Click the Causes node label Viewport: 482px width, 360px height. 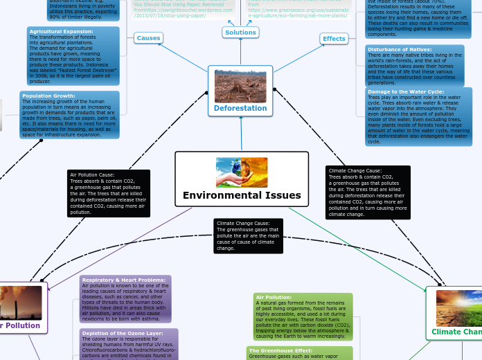click(148, 38)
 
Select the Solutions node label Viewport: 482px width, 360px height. click(240, 33)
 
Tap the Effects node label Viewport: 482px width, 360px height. click(334, 39)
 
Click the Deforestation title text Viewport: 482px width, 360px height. click(240, 108)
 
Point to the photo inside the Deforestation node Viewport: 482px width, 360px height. click(240, 86)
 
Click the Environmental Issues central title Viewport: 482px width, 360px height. click(242, 195)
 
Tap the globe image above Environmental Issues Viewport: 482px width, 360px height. click(242, 172)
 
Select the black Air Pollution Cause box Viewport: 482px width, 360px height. click(108, 193)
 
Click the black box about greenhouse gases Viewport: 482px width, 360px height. click(248, 235)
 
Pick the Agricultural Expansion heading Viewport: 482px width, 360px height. click(61, 32)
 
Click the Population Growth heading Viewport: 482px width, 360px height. click(48, 96)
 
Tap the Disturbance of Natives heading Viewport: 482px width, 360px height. click(400, 49)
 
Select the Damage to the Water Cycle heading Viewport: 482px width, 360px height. click(406, 91)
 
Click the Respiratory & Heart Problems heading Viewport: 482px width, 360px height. click(123, 280)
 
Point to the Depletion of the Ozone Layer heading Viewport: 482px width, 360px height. click(122, 333)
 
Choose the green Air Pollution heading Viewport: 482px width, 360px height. click(274, 297)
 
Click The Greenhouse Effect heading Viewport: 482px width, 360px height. click(280, 351)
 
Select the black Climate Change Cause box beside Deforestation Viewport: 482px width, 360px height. click(367, 192)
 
